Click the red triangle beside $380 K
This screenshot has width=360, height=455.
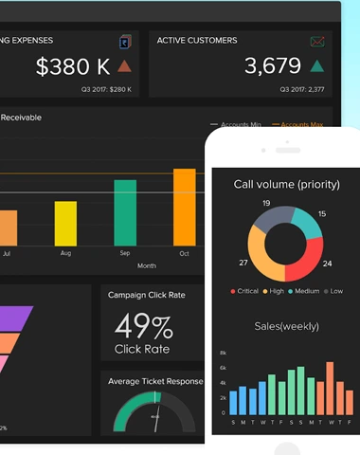[124, 66]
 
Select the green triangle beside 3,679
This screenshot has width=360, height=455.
[317, 66]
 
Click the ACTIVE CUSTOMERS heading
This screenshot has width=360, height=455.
[197, 41]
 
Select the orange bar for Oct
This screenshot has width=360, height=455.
[185, 207]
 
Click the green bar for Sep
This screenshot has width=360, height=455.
[124, 214]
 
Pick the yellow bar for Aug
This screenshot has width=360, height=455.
[65, 224]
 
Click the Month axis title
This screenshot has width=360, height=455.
[147, 266]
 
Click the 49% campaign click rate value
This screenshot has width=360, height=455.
[143, 327]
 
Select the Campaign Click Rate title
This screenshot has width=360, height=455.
[147, 295]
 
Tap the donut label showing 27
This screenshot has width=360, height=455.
[242, 263]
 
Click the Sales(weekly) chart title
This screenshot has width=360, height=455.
[286, 326]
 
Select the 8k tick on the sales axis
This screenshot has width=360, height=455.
[223, 352]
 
